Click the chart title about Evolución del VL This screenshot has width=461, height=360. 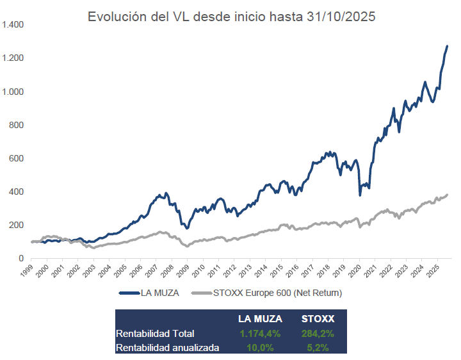[x=231, y=17]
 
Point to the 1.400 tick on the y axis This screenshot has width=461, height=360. [x=12, y=25]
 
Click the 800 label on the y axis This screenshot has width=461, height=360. [x=17, y=125]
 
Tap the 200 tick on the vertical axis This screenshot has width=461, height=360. [x=17, y=225]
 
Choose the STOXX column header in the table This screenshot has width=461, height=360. [x=318, y=318]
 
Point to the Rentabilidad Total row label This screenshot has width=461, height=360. [x=155, y=333]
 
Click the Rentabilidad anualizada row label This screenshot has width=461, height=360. [x=168, y=347]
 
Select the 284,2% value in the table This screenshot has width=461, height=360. [x=318, y=333]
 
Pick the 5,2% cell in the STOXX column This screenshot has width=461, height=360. [x=318, y=347]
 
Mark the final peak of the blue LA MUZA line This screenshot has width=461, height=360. [x=447, y=46]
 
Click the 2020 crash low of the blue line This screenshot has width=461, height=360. [x=360, y=195]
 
